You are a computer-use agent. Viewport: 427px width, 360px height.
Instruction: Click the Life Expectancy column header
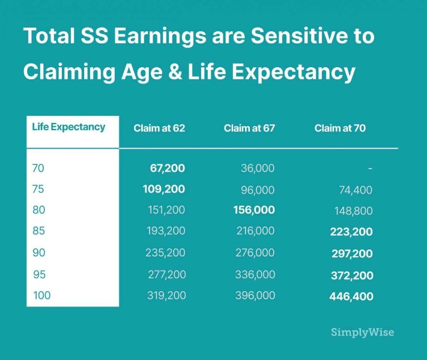(68, 127)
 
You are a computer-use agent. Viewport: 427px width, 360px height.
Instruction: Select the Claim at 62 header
(159, 128)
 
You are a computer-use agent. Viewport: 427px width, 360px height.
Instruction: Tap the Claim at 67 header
(249, 128)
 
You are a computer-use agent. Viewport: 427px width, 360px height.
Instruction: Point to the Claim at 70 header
(340, 128)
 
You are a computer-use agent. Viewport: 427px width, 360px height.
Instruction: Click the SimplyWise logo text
(363, 332)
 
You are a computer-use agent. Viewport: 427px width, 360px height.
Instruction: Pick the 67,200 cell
(168, 168)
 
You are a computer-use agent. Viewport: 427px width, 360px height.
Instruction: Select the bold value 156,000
(254, 210)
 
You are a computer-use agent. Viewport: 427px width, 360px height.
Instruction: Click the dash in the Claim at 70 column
(370, 169)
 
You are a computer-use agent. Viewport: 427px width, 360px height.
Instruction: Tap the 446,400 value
(351, 296)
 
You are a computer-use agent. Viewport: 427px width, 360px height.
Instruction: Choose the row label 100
(41, 295)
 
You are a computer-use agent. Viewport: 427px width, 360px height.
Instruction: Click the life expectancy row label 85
(38, 231)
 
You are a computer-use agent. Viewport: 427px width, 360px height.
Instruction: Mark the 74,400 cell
(356, 190)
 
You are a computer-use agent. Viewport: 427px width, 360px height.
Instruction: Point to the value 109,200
(164, 189)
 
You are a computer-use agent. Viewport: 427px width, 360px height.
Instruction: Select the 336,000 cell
(255, 274)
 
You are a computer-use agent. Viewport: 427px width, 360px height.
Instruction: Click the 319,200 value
(167, 295)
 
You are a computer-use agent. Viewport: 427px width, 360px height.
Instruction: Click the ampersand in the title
(175, 71)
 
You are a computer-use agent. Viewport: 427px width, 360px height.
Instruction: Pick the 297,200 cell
(352, 254)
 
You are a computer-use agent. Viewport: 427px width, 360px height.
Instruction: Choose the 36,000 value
(258, 168)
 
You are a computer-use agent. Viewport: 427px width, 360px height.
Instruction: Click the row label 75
(38, 189)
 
